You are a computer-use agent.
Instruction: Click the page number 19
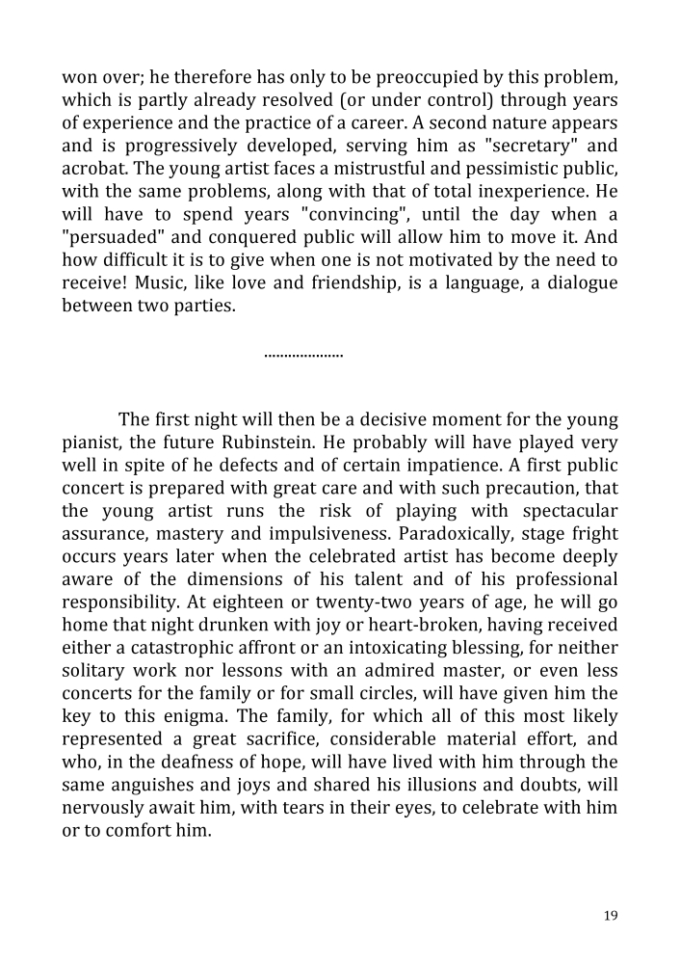[611, 916]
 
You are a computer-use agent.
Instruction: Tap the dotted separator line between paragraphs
[303, 356]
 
